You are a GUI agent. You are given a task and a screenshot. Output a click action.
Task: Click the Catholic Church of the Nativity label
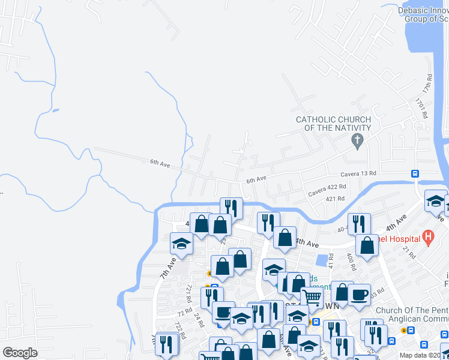pyautogui.click(x=333, y=124)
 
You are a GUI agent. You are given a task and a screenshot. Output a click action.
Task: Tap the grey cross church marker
pyautogui.click(x=357, y=142)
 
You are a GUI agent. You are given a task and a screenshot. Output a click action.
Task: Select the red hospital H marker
pyautogui.click(x=428, y=238)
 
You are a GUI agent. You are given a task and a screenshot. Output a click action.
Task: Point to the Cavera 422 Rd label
pyautogui.click(x=327, y=191)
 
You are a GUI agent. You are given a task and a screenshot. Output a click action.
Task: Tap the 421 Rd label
pyautogui.click(x=334, y=199)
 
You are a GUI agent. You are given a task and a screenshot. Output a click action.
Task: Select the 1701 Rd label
pyautogui.click(x=421, y=109)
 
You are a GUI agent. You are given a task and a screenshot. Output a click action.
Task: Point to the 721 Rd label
pyautogui.click(x=188, y=292)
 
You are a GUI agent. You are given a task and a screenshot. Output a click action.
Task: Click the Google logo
pyautogui.click(x=20, y=353)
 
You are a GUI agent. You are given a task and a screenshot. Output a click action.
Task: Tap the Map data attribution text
pyautogui.click(x=424, y=355)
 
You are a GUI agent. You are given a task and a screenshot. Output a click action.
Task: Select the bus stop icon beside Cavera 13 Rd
pyautogui.click(x=415, y=173)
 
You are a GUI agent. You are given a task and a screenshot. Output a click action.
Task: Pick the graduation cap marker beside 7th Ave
pyautogui.click(x=181, y=243)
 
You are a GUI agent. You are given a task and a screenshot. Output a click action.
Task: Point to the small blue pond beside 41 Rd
pyautogui.click(x=321, y=260)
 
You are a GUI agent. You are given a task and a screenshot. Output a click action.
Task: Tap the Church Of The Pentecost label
pyautogui.click(x=412, y=311)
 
